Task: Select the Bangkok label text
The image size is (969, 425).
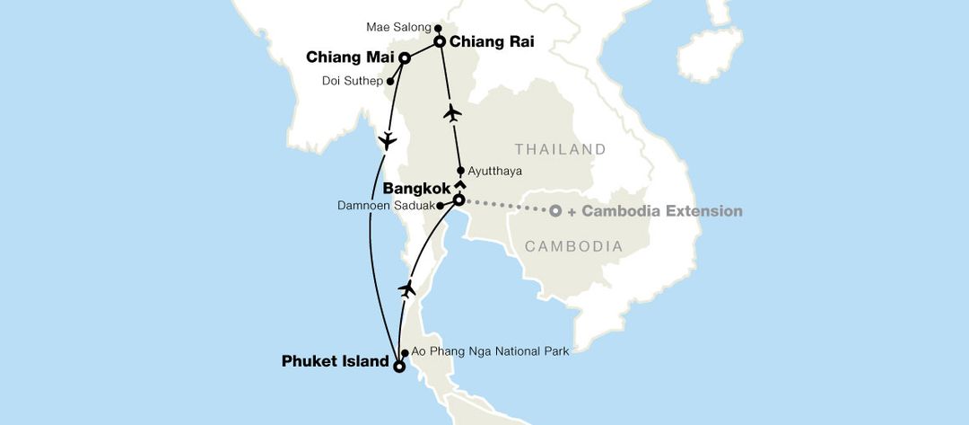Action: [x=416, y=190]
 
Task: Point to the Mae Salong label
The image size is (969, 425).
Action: [x=397, y=27]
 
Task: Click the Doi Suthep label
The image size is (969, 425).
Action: [x=352, y=81]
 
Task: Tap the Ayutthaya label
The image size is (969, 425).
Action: [x=494, y=171]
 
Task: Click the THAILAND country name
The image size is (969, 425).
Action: [x=561, y=149]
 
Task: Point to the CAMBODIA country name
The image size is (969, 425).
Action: [x=574, y=246]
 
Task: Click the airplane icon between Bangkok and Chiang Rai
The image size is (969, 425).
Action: [x=452, y=113]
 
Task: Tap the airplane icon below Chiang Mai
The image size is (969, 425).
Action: [x=387, y=141]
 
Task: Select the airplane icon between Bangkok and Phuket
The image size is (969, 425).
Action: [x=408, y=288]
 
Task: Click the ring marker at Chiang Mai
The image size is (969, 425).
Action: [x=405, y=58]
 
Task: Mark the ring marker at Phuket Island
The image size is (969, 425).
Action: [x=398, y=366]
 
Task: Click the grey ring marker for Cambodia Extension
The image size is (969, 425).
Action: [x=555, y=211]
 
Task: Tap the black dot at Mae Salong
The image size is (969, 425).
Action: [x=438, y=28]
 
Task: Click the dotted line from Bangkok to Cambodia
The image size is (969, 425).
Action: [x=507, y=206]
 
